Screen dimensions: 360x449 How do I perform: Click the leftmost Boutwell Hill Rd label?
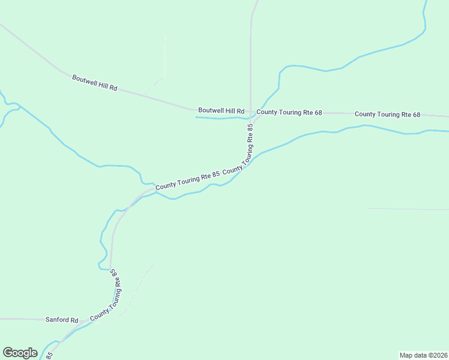[x=95, y=83]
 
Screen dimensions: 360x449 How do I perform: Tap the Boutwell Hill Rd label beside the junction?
[x=221, y=111]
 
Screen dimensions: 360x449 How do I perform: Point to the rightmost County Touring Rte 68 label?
[x=388, y=114]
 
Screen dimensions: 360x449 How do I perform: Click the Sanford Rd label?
[x=62, y=320]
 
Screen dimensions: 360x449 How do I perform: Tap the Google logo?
[x=20, y=353]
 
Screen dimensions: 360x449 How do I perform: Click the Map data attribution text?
[x=423, y=355]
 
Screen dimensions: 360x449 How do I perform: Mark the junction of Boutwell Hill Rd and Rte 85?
[x=250, y=112]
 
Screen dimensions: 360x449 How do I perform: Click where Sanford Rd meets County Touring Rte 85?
[x=82, y=321]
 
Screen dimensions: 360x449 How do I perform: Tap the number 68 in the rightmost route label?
[x=416, y=115]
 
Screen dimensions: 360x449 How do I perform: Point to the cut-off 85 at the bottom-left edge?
[x=50, y=356]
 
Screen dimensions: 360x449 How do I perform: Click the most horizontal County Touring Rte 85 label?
[x=187, y=181]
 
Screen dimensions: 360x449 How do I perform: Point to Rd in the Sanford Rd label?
[x=74, y=320]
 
